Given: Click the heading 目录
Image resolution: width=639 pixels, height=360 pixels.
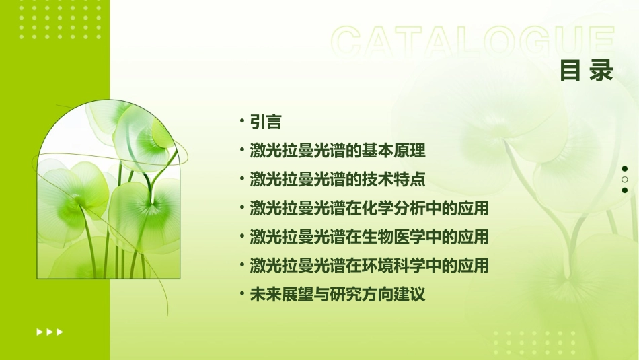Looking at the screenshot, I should point(587,70).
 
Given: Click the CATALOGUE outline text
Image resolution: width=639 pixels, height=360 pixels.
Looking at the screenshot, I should point(473,42).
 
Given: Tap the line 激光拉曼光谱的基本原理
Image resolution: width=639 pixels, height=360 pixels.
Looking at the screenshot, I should point(337,151).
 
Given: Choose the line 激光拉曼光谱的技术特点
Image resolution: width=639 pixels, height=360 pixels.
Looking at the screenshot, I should point(337,180).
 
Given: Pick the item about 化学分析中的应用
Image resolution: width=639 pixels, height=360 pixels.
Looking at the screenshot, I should point(369,208).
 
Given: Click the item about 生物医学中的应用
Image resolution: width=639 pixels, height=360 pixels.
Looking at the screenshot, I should point(369,237).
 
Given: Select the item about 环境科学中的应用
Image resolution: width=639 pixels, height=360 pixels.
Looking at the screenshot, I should point(369,266).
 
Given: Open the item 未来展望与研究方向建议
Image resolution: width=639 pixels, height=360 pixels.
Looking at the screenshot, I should point(337,295).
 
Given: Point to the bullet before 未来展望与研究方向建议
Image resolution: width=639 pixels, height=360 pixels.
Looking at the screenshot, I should point(241,294).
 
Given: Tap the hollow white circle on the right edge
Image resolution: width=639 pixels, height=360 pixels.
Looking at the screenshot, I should point(625,180).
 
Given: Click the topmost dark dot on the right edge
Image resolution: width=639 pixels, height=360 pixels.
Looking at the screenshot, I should point(625,169).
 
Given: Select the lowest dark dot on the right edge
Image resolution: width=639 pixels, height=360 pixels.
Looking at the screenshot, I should point(625,190).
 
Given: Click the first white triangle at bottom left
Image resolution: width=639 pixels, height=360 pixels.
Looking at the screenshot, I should point(39,332).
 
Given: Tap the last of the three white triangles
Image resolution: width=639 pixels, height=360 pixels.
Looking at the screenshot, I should point(61,332).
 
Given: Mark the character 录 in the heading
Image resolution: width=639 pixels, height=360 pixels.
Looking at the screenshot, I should point(601,70).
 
